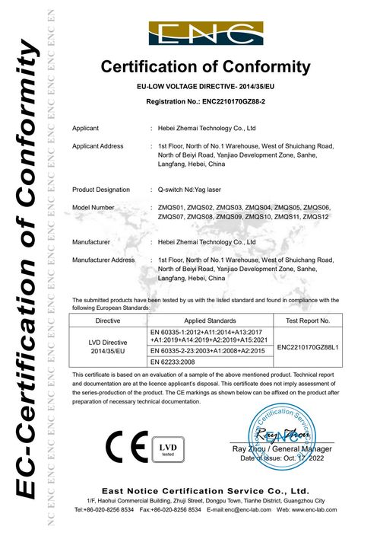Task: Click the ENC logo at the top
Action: coord(205,34)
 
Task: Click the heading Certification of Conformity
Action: coord(206,67)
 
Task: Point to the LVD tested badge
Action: coord(166,446)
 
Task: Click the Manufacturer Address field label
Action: coord(103,260)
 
